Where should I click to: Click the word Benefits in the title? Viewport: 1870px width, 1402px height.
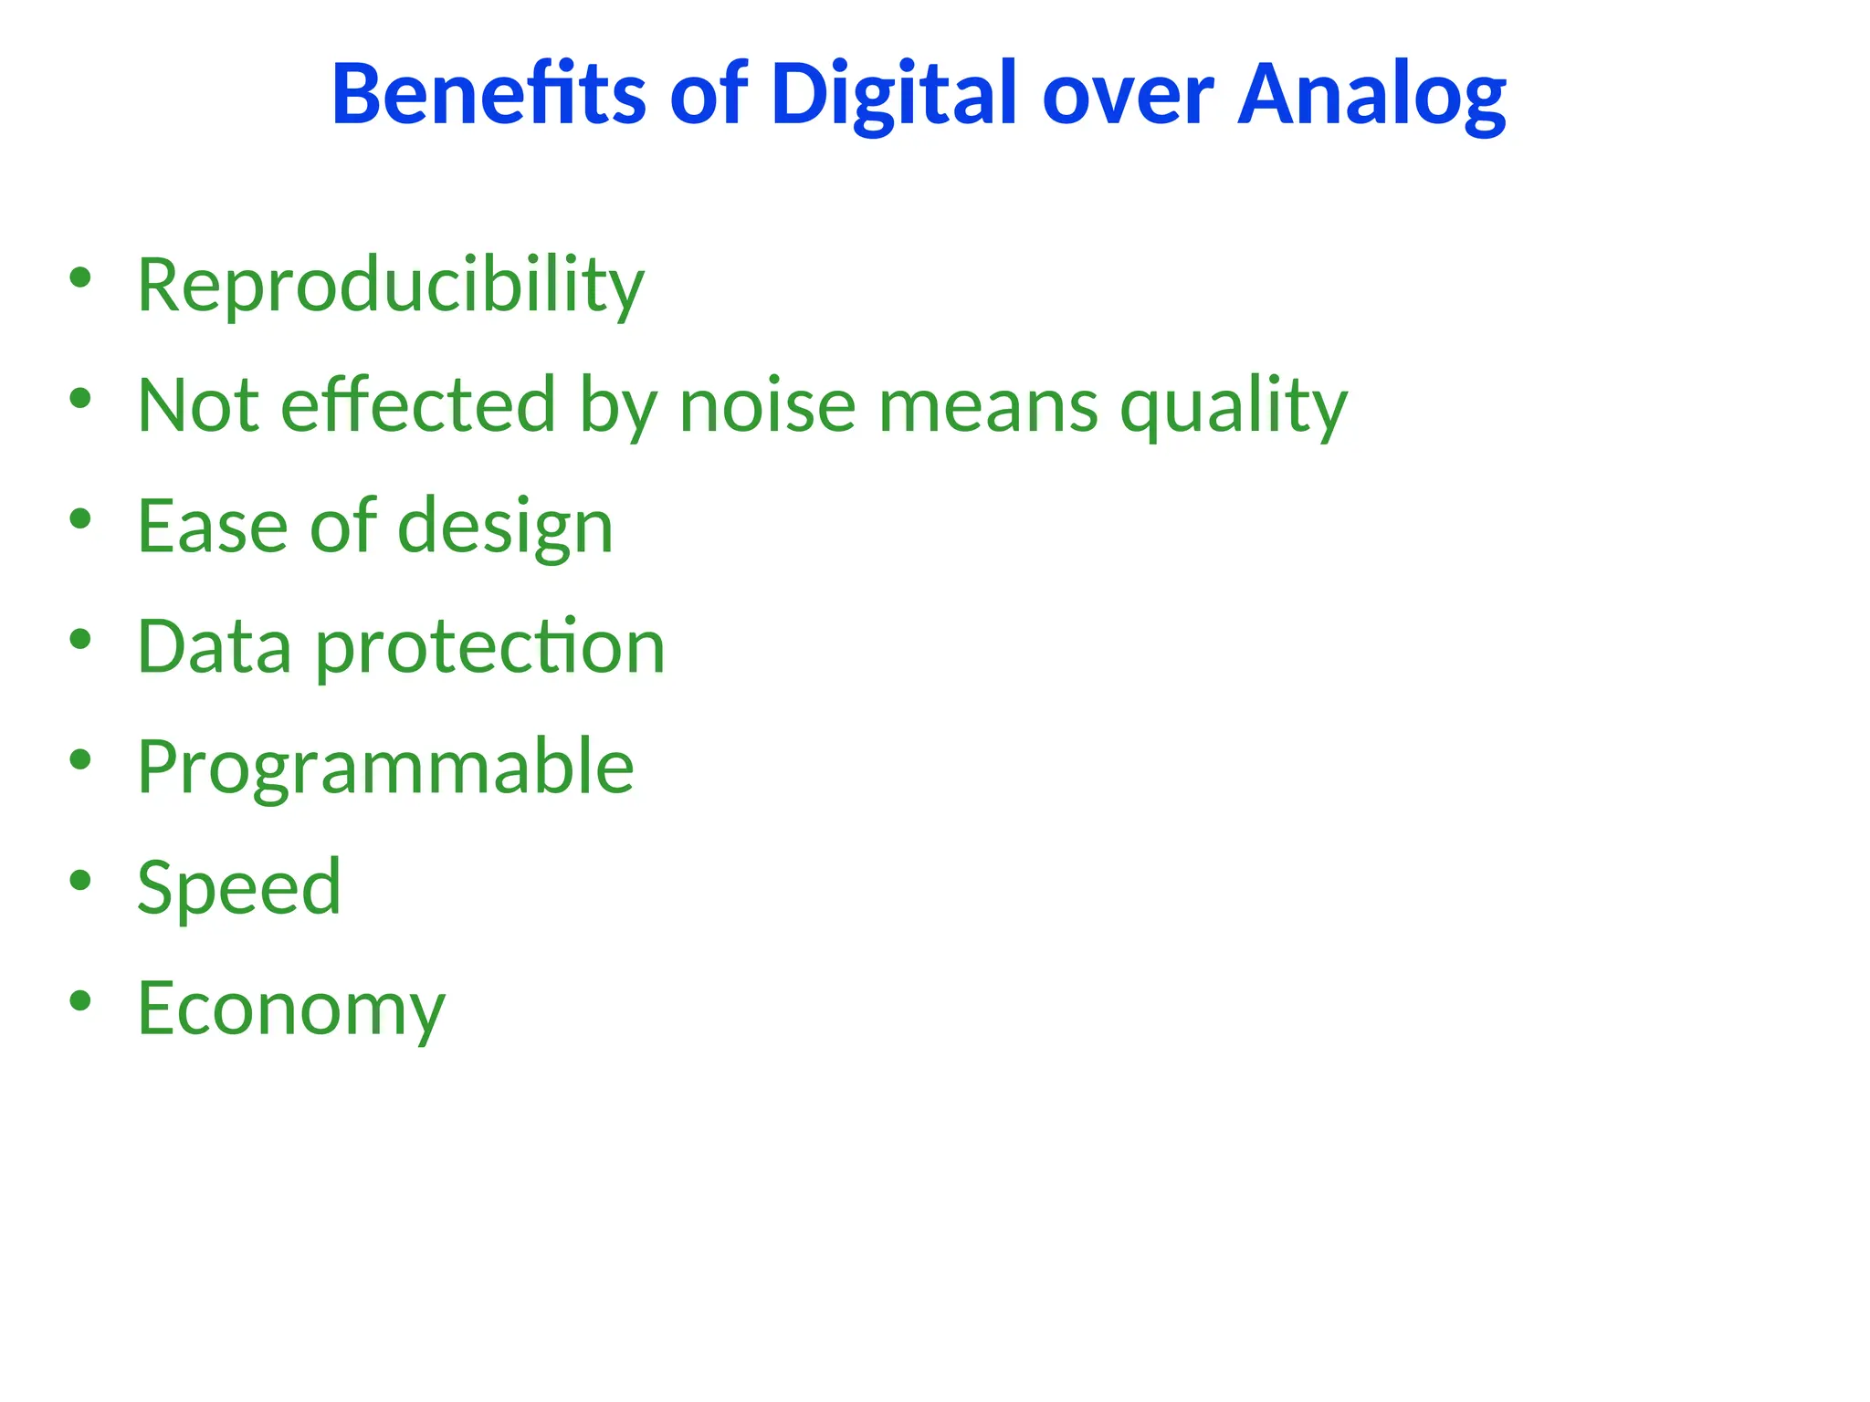(x=489, y=94)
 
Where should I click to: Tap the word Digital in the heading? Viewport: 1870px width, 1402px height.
(x=893, y=94)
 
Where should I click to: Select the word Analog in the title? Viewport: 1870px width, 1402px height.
(x=1371, y=94)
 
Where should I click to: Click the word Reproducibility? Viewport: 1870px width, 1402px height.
(x=391, y=285)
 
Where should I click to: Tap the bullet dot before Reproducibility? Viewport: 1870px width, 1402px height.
(x=80, y=277)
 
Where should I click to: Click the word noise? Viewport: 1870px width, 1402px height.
(x=767, y=404)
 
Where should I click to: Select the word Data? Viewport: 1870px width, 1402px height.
(x=215, y=646)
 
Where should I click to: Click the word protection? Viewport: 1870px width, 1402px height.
(x=490, y=648)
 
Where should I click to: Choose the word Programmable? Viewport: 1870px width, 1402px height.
(x=385, y=768)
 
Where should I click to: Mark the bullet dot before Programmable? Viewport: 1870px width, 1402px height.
(x=80, y=759)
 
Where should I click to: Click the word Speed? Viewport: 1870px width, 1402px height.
(x=239, y=887)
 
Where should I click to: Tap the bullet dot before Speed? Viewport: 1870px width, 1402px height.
(x=80, y=880)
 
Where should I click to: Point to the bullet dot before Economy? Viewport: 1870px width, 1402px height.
(x=80, y=1001)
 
